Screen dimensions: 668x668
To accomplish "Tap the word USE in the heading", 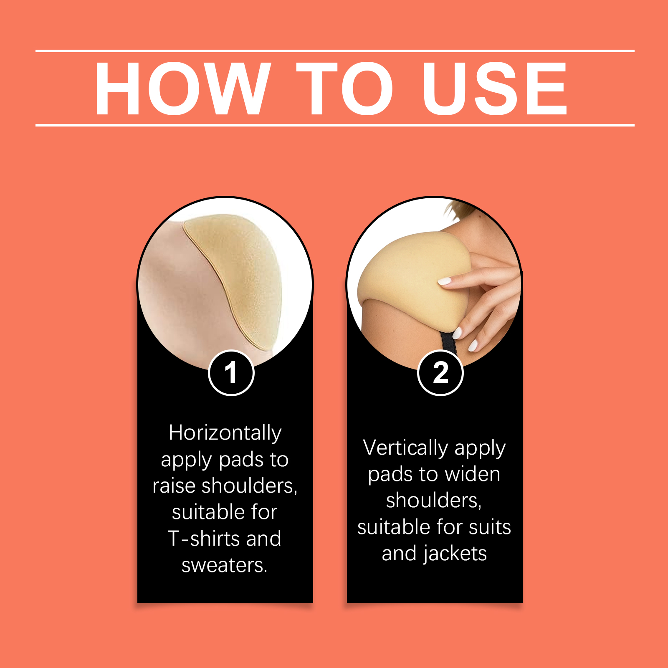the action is pyautogui.click(x=495, y=89).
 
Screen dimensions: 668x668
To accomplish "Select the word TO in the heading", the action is pyautogui.click(x=345, y=89).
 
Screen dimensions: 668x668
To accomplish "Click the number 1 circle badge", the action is pyautogui.click(x=231, y=373).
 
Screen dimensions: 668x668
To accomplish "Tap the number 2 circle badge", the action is pyautogui.click(x=440, y=373).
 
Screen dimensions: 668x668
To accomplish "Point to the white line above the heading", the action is pyautogui.click(x=335, y=51).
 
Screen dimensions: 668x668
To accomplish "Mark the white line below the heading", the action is pyautogui.click(x=335, y=125).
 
